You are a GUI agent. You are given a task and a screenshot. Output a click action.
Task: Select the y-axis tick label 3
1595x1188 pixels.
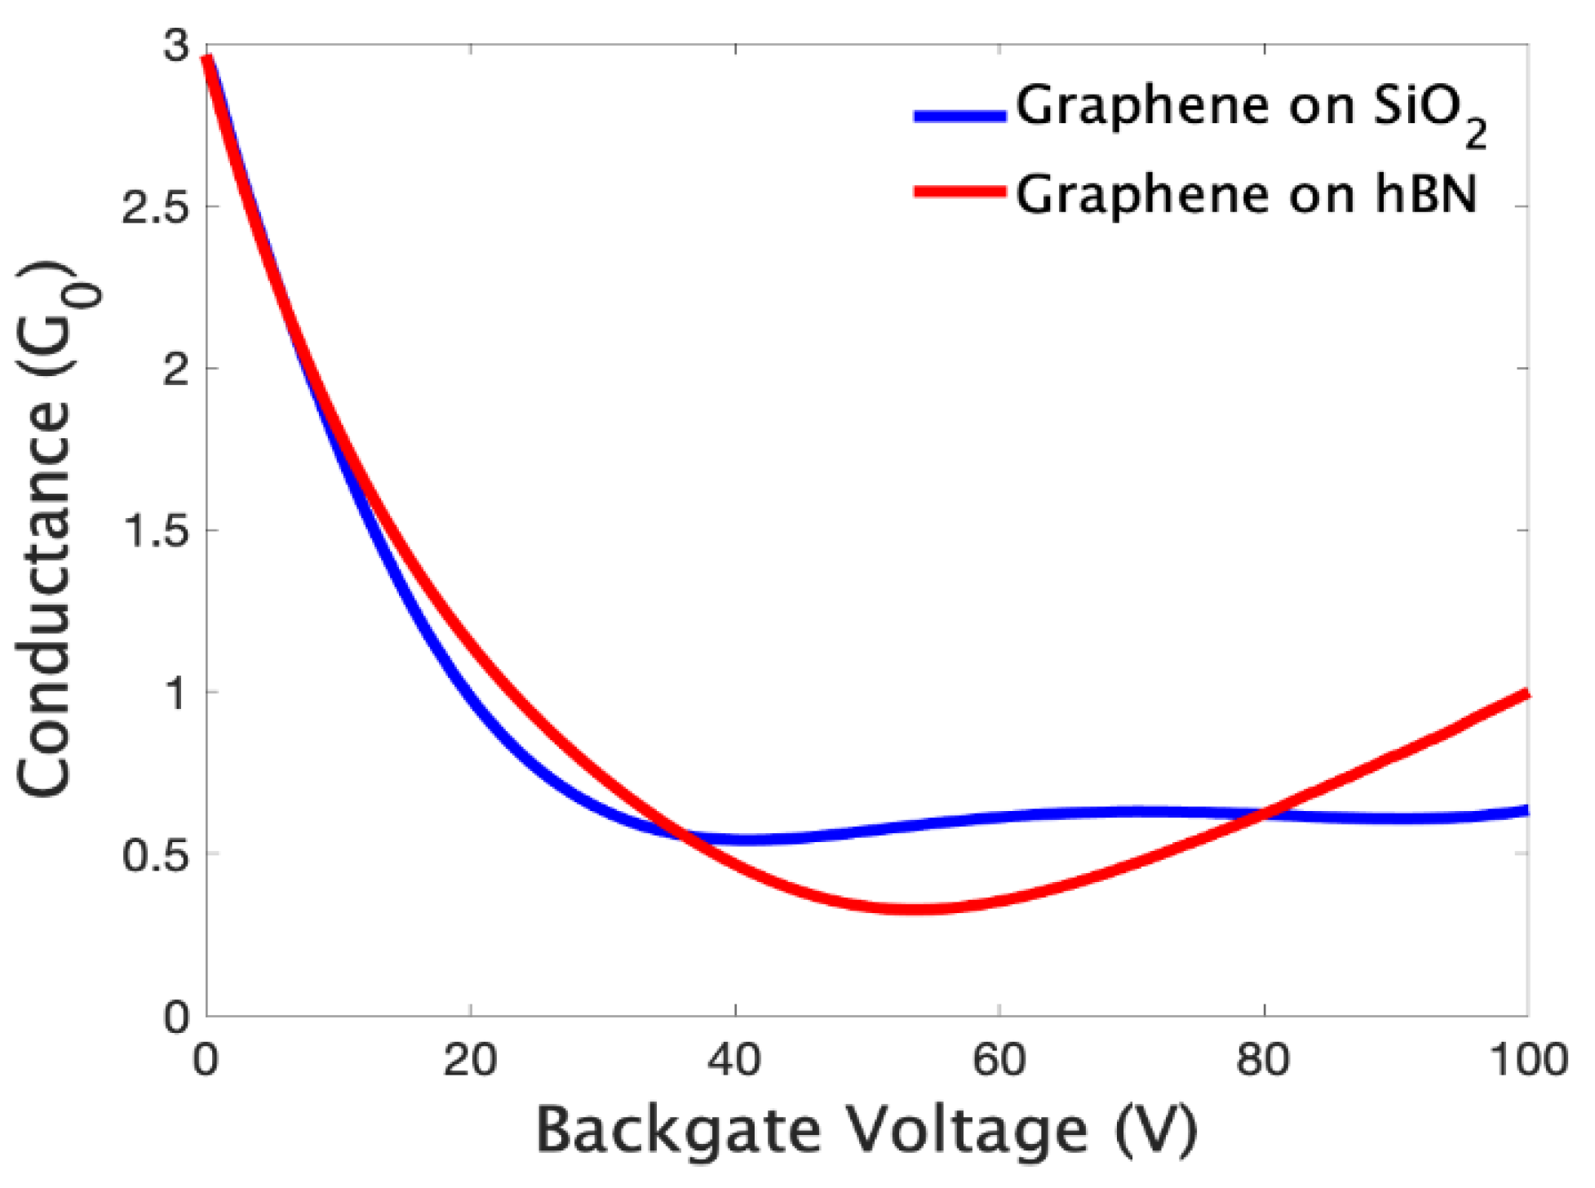[x=176, y=47]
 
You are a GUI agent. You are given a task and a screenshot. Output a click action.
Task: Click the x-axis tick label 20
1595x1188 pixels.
[x=471, y=1061]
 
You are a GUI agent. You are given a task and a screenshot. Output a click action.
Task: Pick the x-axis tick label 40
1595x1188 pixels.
[x=735, y=1061]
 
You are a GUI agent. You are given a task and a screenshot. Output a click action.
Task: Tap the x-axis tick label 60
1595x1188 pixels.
[x=999, y=1061]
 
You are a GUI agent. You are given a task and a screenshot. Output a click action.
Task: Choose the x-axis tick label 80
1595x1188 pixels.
[x=1264, y=1061]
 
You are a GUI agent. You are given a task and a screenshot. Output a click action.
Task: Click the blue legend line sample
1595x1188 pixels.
[x=959, y=116]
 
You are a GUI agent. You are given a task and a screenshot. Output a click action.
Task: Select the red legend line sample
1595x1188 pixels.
[x=959, y=193]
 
